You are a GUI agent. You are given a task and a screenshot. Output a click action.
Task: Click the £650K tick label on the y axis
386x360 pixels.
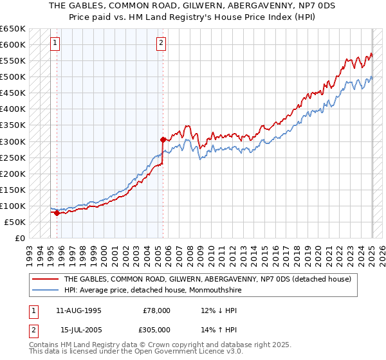click(x=13, y=29)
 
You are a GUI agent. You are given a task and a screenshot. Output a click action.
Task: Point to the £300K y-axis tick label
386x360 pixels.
click(x=13, y=141)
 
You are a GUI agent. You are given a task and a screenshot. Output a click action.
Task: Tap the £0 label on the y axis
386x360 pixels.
click(x=21, y=238)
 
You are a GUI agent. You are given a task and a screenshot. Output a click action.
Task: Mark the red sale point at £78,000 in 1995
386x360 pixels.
click(x=57, y=213)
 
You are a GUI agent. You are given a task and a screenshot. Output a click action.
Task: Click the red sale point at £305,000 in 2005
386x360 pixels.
click(x=163, y=139)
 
